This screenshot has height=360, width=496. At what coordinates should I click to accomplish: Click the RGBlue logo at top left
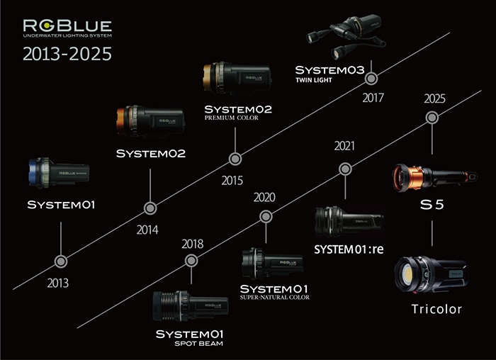pos(66,30)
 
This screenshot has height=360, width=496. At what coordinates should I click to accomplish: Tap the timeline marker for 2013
pos(62,261)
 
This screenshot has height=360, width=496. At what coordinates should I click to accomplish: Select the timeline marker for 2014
pos(150,208)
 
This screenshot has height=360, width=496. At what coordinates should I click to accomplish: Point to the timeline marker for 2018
pos(191,261)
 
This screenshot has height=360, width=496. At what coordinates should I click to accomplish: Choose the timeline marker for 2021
pos(345,169)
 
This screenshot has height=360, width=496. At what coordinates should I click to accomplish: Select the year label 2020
pos(264,196)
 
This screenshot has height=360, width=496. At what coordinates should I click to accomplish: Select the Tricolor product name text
pos(436,309)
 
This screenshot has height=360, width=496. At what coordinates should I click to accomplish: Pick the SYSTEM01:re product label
pos(348,249)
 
